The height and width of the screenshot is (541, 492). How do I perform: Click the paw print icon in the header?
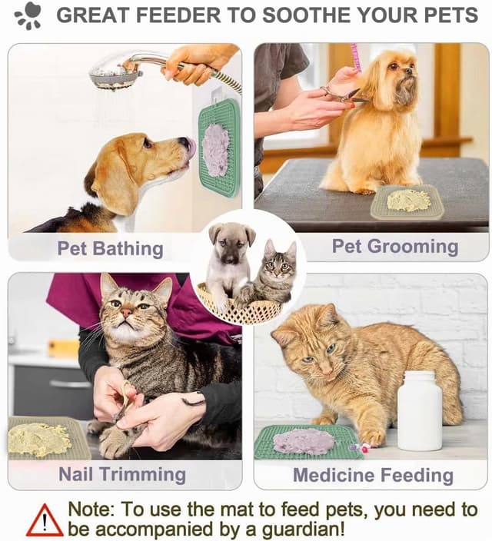point(29,15)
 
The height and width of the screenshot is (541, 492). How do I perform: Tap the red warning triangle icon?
point(45,520)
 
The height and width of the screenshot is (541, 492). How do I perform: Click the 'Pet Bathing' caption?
point(110,248)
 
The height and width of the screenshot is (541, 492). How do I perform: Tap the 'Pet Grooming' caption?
point(394,247)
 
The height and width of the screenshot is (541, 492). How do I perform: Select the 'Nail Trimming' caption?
point(122,474)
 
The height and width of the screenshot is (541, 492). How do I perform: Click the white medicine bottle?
point(419,410)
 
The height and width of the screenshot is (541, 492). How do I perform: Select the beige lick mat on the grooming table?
point(407,201)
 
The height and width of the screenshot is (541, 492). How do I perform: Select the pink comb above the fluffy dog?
point(356,57)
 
